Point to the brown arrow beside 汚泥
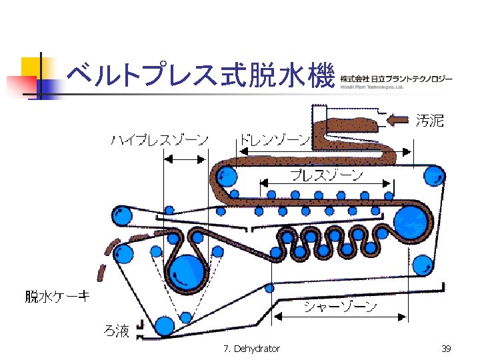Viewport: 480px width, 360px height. click(398, 120)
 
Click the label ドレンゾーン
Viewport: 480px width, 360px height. click(273, 141)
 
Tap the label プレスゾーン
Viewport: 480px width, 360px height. click(326, 175)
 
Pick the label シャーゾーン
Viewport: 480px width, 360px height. click(340, 307)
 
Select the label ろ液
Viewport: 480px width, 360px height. click(116, 331)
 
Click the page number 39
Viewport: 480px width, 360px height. click(447, 349)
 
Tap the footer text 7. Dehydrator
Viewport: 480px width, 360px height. click(252, 349)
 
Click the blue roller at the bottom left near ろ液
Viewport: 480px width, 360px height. click(163, 326)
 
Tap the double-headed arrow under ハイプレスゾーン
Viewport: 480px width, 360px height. click(185, 159)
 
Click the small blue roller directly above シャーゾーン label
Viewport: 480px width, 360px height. click(269, 289)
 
